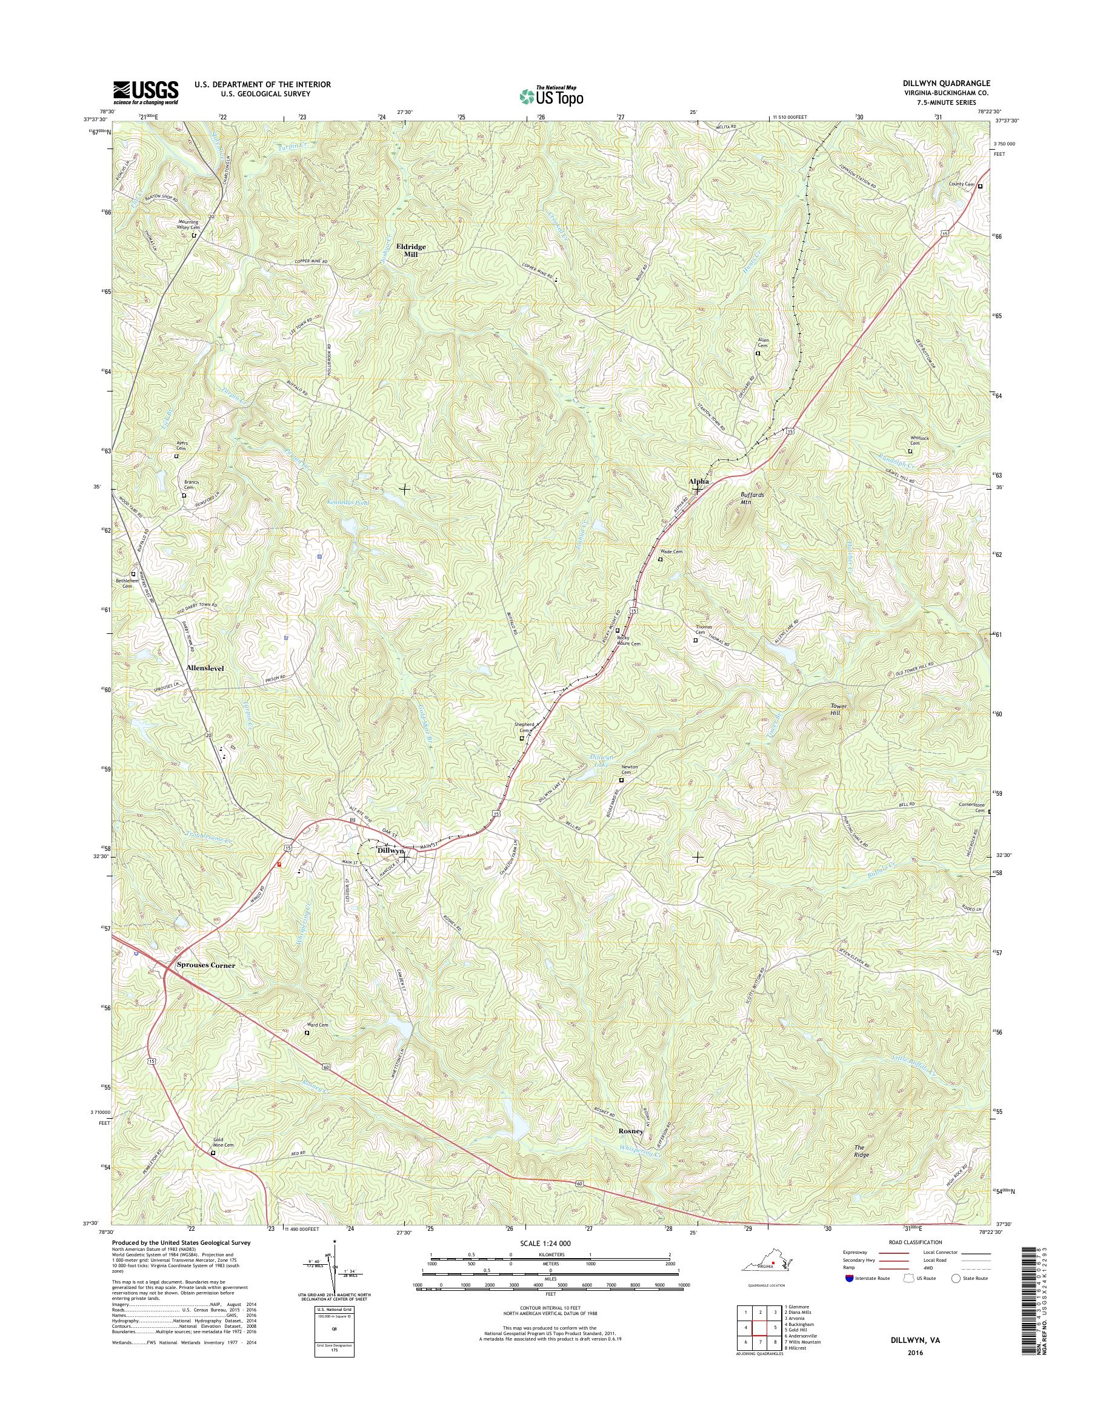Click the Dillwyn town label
391,851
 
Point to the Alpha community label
699,481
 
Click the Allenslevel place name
205,668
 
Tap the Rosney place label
631,1131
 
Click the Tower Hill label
838,710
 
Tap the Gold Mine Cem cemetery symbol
213,1152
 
